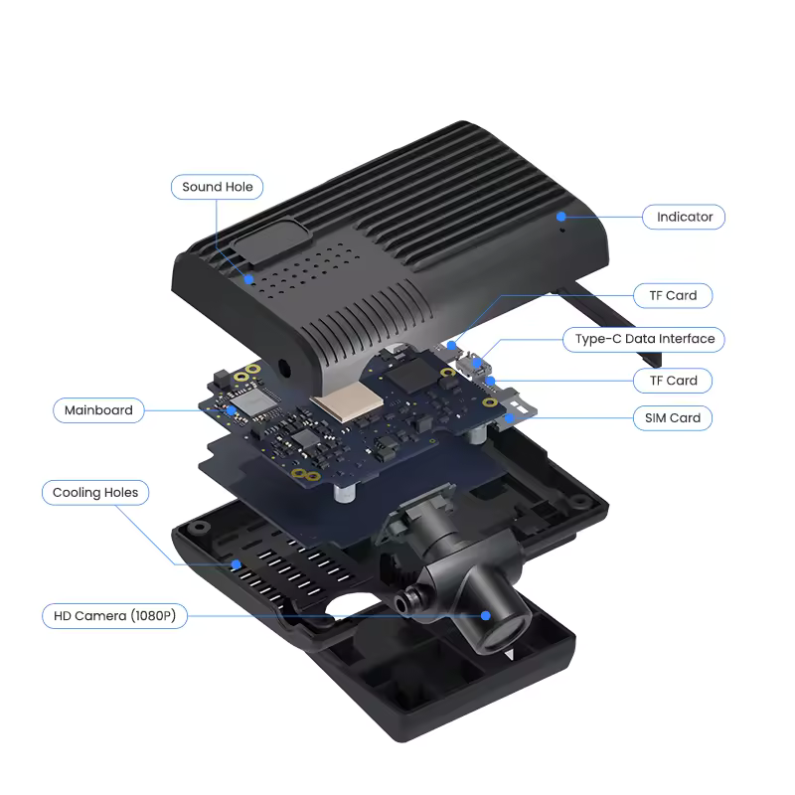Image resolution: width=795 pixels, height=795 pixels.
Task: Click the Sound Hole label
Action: click(217, 187)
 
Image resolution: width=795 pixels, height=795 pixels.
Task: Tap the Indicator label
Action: click(684, 217)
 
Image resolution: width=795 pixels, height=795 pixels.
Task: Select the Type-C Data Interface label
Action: click(644, 339)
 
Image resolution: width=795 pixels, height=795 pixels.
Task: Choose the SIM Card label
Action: click(673, 418)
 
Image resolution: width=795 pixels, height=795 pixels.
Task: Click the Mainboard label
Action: click(98, 410)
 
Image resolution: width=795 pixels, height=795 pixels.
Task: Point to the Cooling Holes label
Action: click(95, 493)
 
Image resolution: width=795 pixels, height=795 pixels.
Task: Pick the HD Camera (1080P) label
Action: click(114, 616)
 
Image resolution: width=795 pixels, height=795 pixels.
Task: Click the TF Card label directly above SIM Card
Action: click(673, 381)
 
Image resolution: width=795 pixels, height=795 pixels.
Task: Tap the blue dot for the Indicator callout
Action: click(560, 217)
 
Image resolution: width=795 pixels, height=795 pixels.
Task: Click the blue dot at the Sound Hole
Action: click(248, 279)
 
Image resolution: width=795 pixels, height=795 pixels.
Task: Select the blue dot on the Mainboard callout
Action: click(232, 410)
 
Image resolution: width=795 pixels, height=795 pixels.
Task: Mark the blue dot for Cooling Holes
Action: click(237, 564)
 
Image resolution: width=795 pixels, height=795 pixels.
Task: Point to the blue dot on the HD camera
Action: click(486, 615)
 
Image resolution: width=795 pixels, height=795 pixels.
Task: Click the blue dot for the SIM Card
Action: click(510, 417)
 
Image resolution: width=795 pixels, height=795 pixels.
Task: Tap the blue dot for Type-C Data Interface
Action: click(477, 363)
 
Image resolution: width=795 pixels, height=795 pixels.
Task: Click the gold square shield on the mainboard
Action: click(348, 401)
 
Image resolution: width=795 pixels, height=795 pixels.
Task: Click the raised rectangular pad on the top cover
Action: click(269, 241)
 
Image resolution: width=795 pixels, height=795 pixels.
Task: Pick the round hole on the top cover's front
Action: click(284, 369)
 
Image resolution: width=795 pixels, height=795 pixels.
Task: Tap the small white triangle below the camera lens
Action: click(510, 654)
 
